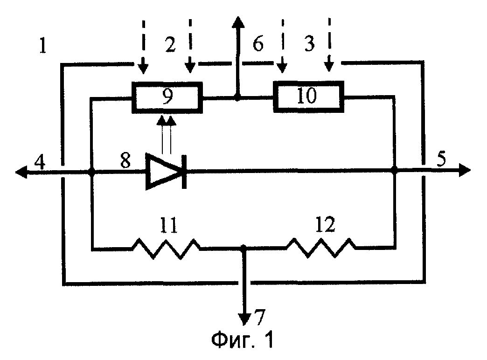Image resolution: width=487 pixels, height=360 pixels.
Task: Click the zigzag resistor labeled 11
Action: coord(167,248)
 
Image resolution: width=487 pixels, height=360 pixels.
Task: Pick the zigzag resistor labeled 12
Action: coord(321,248)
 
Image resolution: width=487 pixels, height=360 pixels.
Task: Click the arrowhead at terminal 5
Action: coord(465,171)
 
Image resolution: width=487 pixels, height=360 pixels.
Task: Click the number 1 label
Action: coord(43,45)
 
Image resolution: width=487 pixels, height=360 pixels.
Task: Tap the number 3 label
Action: coord(309,43)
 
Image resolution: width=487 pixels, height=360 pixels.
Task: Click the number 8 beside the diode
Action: coord(125,160)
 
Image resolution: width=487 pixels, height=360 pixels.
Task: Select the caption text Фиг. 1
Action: coord(242,339)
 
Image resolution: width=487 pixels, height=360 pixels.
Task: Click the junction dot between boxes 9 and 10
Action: coord(237,98)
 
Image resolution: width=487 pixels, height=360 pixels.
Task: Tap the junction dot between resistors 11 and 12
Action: coord(244,248)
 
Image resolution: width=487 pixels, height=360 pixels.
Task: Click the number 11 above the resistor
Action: coord(169,225)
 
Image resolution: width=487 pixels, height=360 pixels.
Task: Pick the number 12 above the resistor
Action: coord(325,224)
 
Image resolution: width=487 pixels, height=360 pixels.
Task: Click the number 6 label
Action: coord(258,43)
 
